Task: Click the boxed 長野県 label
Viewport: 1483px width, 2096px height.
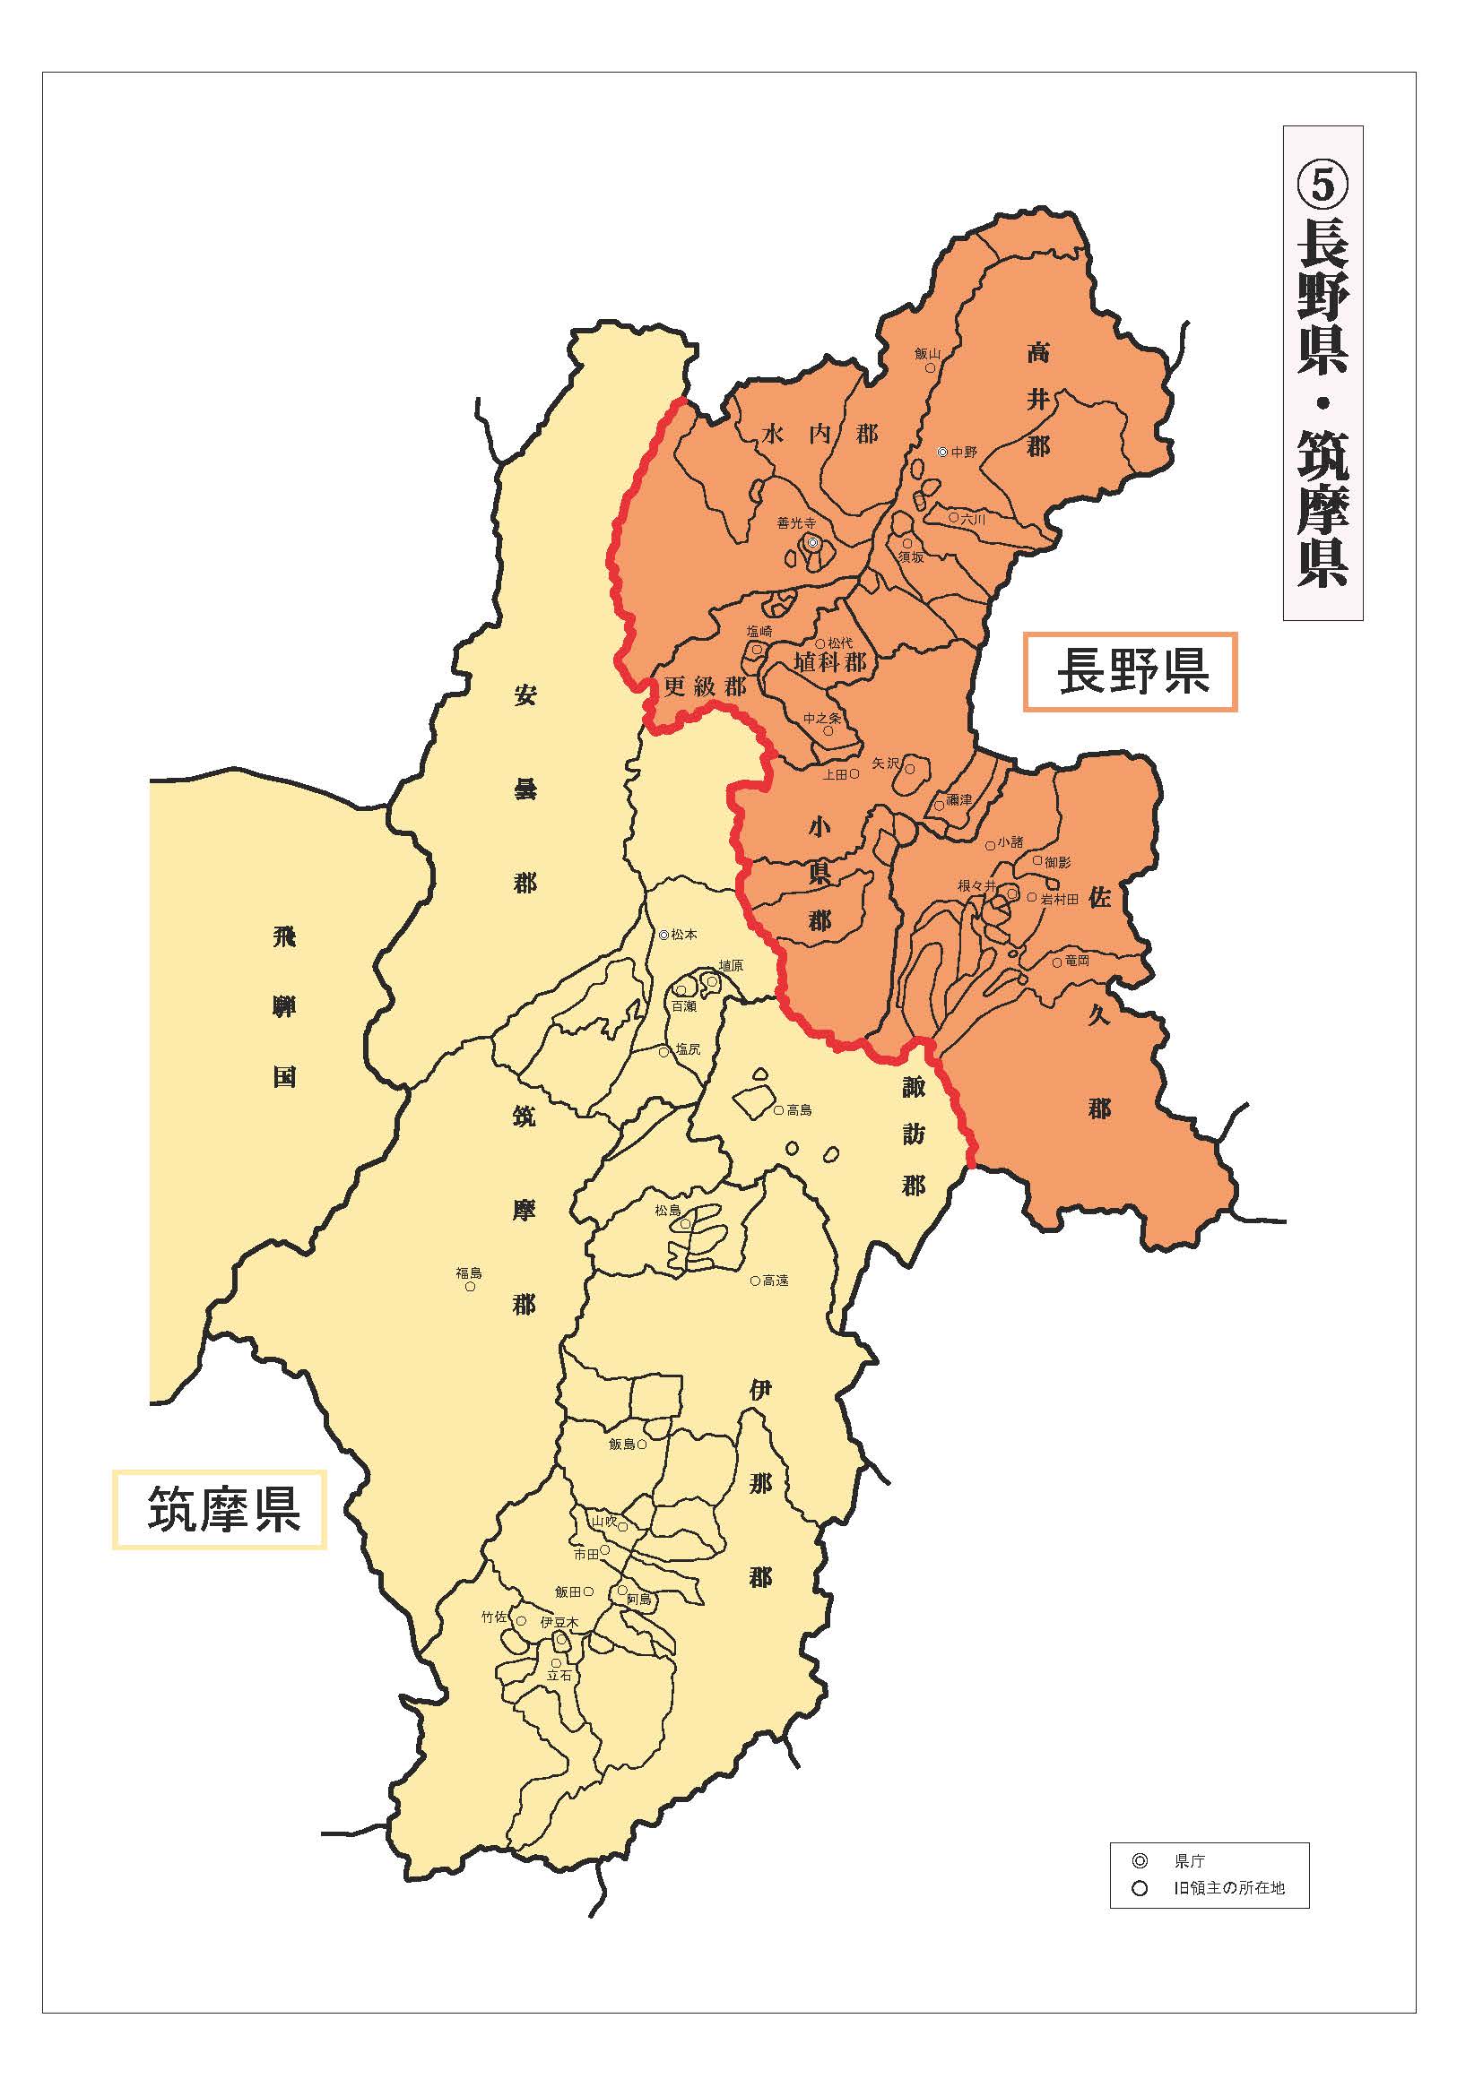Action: (1130, 672)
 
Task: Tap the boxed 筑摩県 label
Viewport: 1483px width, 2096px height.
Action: (219, 1509)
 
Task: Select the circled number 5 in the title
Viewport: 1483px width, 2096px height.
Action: (1323, 185)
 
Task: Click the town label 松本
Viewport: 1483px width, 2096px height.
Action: (684, 935)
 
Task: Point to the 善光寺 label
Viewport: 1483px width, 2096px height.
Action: (795, 524)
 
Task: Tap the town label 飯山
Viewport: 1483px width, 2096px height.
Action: (927, 353)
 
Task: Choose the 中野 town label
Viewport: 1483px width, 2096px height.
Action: (963, 452)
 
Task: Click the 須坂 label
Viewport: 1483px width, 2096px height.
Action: (910, 556)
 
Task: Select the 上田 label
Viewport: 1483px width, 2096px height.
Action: (835, 774)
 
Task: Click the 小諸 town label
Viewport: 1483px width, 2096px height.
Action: (1010, 842)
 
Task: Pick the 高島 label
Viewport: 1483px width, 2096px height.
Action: (799, 1111)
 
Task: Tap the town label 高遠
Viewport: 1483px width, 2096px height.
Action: (776, 1281)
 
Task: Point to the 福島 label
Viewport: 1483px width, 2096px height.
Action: (469, 1272)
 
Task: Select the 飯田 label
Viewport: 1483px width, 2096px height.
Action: (567, 1591)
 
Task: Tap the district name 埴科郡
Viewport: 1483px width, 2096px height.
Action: (829, 662)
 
